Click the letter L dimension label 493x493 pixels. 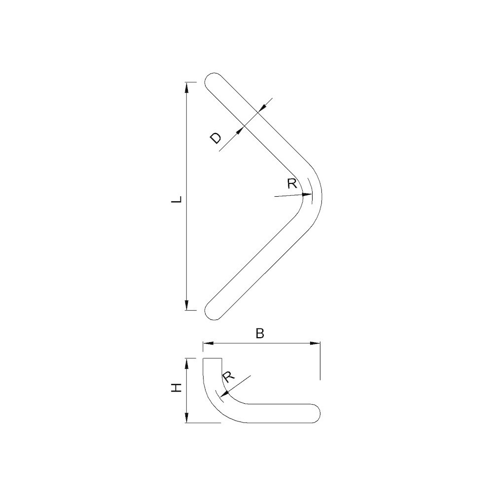[178, 199]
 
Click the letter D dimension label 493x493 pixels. [215, 138]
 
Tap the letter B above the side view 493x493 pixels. [260, 333]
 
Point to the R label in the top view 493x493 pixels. [292, 183]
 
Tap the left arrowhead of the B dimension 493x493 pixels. [208, 343]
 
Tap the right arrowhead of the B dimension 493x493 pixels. [315, 343]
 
